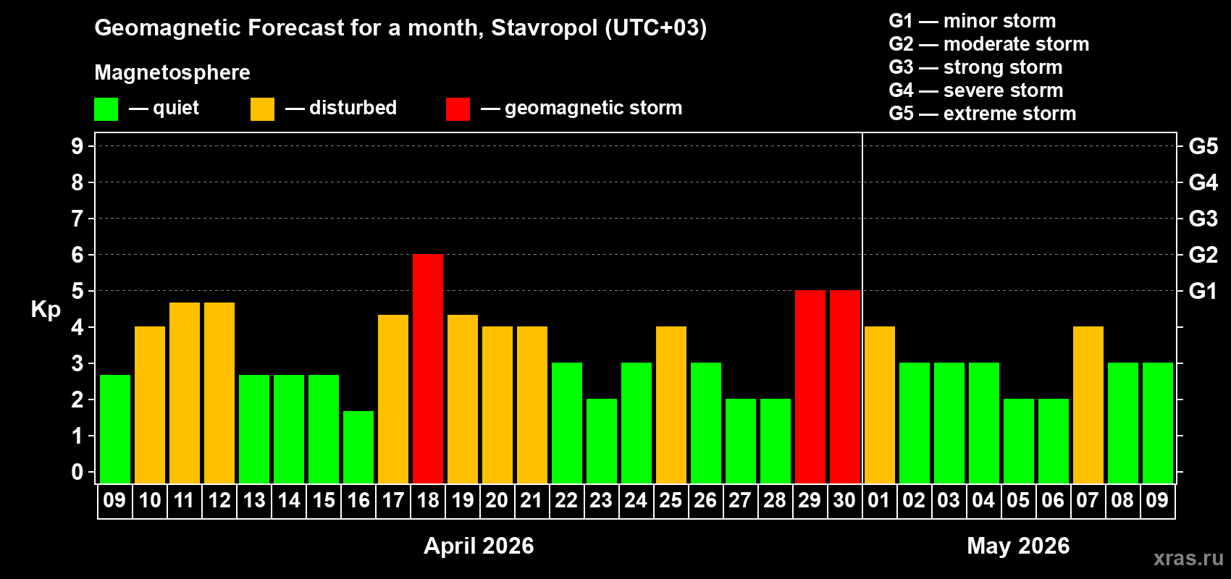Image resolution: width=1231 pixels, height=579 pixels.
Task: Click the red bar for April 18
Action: (x=428, y=369)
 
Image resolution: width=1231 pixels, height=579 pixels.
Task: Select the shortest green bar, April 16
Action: (x=358, y=447)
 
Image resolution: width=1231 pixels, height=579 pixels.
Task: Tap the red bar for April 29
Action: (x=810, y=387)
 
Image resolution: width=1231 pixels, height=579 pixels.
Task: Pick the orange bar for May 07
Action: (x=1088, y=405)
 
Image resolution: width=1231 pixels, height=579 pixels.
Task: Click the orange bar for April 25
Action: (x=671, y=405)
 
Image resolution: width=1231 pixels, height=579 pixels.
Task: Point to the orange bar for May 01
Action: (x=880, y=405)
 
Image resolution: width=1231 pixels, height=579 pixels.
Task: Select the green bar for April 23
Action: (x=602, y=441)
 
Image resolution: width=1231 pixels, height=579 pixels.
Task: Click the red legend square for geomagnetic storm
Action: (x=458, y=109)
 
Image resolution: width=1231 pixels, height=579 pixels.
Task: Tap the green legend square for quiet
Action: (x=106, y=109)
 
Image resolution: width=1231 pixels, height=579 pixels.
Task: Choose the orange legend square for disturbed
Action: (x=262, y=109)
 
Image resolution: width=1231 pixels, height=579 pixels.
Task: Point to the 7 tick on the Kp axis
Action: (x=77, y=219)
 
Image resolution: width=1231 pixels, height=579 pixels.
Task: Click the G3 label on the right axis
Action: (x=1203, y=219)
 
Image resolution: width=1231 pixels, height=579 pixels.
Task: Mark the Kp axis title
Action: (x=46, y=310)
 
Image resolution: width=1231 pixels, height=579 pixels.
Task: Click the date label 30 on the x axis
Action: (x=844, y=500)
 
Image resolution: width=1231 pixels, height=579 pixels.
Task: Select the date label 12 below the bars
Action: (x=219, y=500)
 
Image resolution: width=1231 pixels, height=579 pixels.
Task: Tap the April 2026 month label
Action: (x=479, y=546)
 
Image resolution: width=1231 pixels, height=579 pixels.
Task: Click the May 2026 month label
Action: (x=1018, y=546)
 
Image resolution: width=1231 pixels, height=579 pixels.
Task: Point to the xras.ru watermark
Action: (x=1188, y=558)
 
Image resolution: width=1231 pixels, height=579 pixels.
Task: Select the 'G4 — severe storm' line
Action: (x=976, y=90)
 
